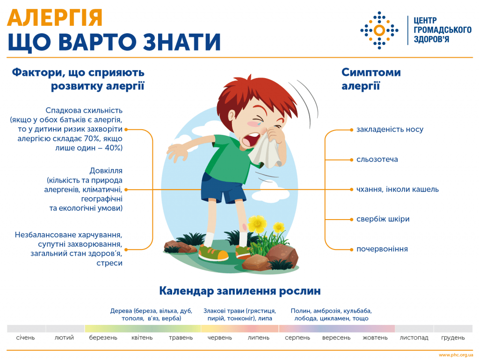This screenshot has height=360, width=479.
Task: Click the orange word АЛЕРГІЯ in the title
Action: [55, 18]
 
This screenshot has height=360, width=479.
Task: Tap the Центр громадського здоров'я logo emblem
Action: [379, 30]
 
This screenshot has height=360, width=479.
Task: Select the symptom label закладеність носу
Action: [390, 129]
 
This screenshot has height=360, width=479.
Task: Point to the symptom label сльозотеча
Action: [377, 159]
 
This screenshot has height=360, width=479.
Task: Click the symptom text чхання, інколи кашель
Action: [397, 189]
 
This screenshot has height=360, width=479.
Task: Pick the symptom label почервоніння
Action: [382, 249]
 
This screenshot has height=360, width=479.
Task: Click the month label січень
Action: [26, 338]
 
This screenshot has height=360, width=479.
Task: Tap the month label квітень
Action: [142, 338]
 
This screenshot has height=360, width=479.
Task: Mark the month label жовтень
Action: [376, 338]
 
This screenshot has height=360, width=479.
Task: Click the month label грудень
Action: [453, 338]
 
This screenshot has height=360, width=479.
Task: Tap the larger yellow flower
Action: [257, 224]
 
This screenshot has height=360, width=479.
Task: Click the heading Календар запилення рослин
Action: [239, 291]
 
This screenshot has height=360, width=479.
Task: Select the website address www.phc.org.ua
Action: [456, 355]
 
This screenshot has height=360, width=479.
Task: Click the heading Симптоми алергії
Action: [370, 79]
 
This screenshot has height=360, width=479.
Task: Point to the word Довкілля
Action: [106, 171]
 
